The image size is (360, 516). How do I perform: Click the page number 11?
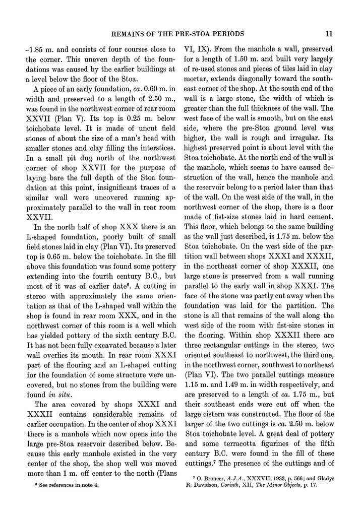[328, 34]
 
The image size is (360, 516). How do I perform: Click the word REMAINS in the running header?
[135, 34]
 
